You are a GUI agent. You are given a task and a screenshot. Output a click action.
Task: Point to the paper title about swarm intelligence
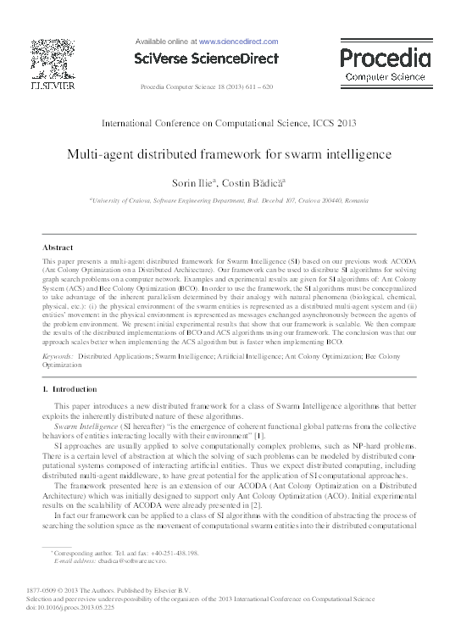230,156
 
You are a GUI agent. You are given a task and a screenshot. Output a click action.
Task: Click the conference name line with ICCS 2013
230,123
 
